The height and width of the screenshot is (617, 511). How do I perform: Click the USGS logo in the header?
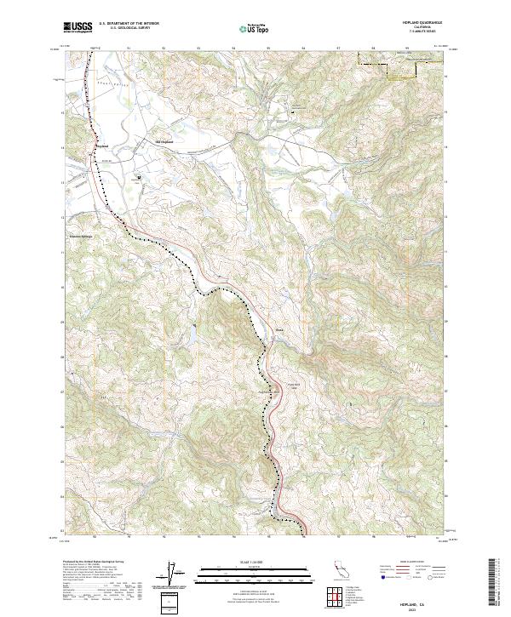pyautogui.click(x=78, y=27)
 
